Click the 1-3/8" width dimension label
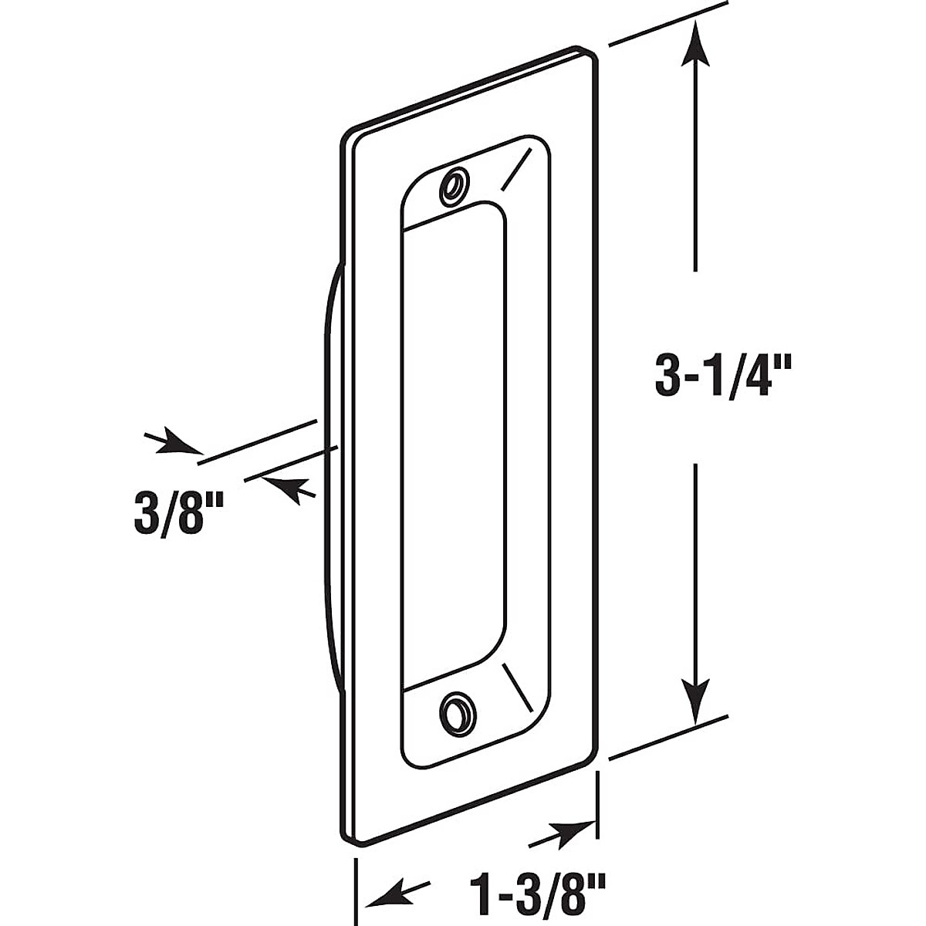[536, 897]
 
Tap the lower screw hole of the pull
[455, 708]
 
